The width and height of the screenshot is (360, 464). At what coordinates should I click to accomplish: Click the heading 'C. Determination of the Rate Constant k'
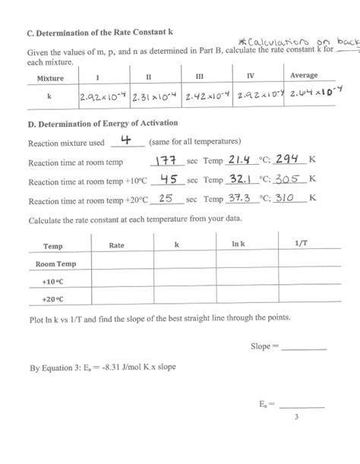101,33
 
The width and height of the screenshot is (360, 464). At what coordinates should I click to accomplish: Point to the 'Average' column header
304,76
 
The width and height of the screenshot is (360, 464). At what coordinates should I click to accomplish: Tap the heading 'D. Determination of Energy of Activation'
103,124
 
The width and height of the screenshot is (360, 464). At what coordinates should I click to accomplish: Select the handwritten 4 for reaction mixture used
126,140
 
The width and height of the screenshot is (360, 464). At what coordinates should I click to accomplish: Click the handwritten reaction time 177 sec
164,160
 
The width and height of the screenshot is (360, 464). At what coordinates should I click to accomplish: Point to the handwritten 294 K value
289,159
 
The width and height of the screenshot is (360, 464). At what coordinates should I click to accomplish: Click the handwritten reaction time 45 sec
165,179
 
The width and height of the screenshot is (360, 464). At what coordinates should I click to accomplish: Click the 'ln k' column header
238,245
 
